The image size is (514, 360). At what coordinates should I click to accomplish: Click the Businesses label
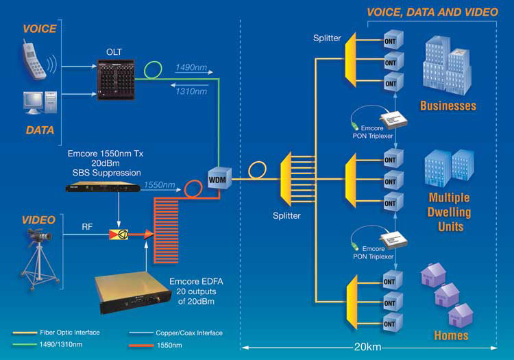click(x=448, y=106)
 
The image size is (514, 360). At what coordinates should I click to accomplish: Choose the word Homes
click(x=451, y=335)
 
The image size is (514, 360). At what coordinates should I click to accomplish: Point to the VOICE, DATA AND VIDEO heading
click(x=432, y=12)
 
